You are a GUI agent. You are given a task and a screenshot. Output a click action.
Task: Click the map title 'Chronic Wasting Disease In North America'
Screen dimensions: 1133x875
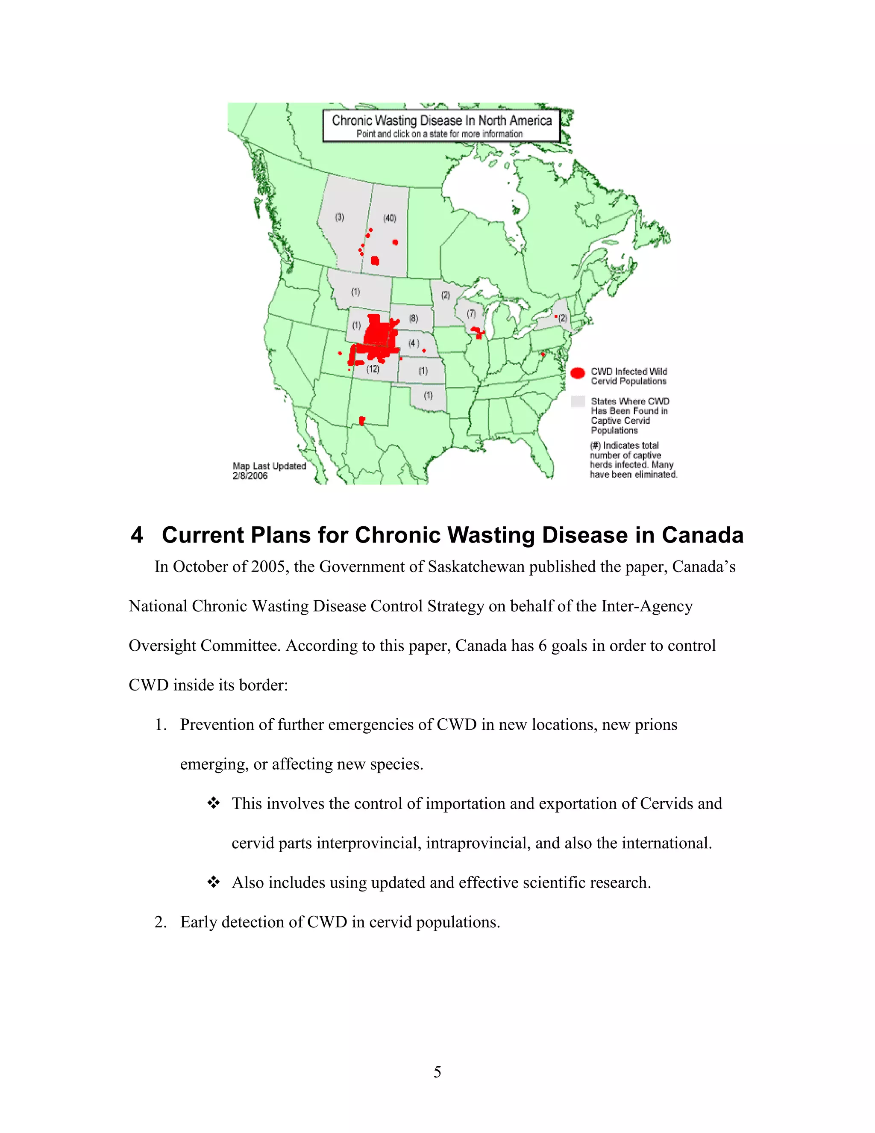(442, 121)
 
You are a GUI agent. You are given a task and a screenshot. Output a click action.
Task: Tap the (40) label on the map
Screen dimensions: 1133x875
(390, 218)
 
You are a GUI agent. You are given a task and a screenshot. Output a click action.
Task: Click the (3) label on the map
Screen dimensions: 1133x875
(340, 217)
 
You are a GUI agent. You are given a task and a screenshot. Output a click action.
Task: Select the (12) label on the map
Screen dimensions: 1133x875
(373, 369)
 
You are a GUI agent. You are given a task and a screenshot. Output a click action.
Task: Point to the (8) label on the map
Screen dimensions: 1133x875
(413, 318)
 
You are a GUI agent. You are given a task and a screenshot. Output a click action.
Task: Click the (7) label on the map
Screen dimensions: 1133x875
(471, 313)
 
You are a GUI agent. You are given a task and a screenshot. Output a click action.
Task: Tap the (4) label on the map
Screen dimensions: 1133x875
(413, 343)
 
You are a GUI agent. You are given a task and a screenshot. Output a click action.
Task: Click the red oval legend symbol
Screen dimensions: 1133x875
(578, 373)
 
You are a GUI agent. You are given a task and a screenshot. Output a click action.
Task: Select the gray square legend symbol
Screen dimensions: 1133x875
(578, 401)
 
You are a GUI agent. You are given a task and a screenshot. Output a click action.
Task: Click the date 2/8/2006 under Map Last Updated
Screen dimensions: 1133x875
(250, 476)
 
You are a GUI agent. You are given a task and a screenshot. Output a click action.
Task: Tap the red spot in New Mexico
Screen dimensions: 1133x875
(362, 420)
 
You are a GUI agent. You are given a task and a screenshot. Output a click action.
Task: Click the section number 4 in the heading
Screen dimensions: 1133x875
(137, 535)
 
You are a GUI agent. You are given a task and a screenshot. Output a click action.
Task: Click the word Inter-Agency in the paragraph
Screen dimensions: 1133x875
(646, 606)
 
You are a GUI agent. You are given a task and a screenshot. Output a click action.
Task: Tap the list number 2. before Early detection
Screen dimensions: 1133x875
(160, 922)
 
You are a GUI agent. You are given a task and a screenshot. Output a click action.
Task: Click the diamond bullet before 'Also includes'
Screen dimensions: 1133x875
(214, 882)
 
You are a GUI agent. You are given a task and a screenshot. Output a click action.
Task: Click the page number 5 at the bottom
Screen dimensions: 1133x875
(437, 1072)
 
